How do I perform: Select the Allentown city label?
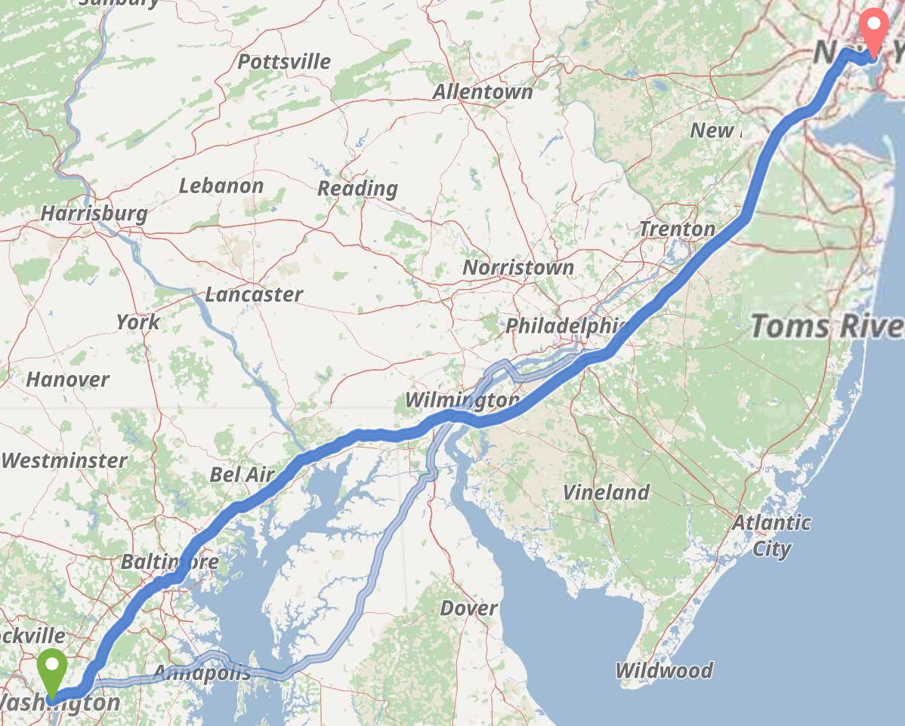click(483, 92)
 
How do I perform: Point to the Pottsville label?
click(284, 61)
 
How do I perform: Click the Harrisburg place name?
click(94, 214)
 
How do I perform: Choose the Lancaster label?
click(254, 294)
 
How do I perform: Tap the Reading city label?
click(357, 188)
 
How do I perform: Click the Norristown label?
click(518, 267)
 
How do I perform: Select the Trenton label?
click(677, 229)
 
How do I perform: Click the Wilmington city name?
click(462, 399)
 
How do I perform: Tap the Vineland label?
click(606, 493)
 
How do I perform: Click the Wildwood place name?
click(664, 670)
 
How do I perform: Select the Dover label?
click(468, 608)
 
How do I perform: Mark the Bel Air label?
click(242, 475)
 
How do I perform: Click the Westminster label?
click(65, 460)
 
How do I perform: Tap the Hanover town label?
click(68, 379)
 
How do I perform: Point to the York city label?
click(137, 322)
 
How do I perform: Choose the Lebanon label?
click(221, 186)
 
